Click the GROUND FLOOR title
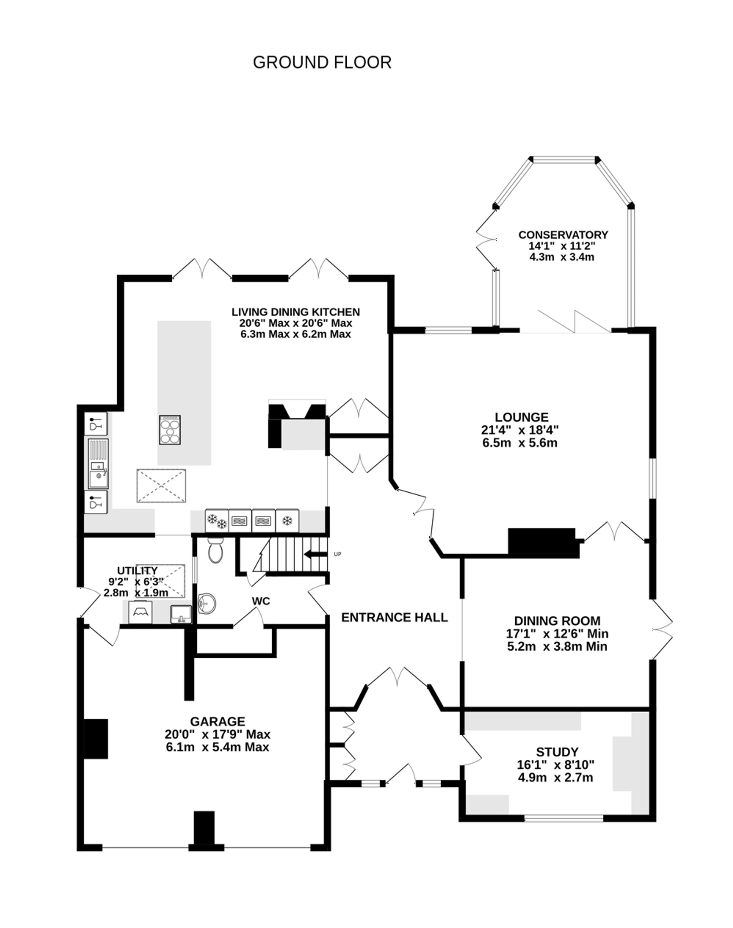click(322, 63)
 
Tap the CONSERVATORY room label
click(563, 235)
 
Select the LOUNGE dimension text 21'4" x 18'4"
click(520, 430)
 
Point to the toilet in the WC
click(216, 552)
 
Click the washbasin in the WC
click(208, 604)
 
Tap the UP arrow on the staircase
click(314, 555)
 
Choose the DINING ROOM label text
click(557, 621)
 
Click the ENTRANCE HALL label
click(394, 617)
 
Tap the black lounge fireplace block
click(542, 541)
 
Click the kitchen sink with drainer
click(98, 464)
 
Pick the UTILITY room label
click(137, 571)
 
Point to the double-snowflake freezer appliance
click(217, 521)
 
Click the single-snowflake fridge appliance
click(287, 521)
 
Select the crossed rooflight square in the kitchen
click(161, 486)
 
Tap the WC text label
click(261, 602)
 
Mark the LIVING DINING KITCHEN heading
click(296, 312)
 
